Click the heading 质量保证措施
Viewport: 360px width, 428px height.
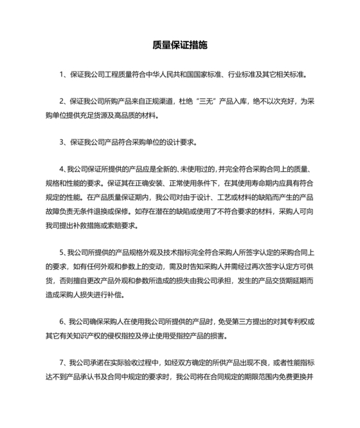pos(180,46)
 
